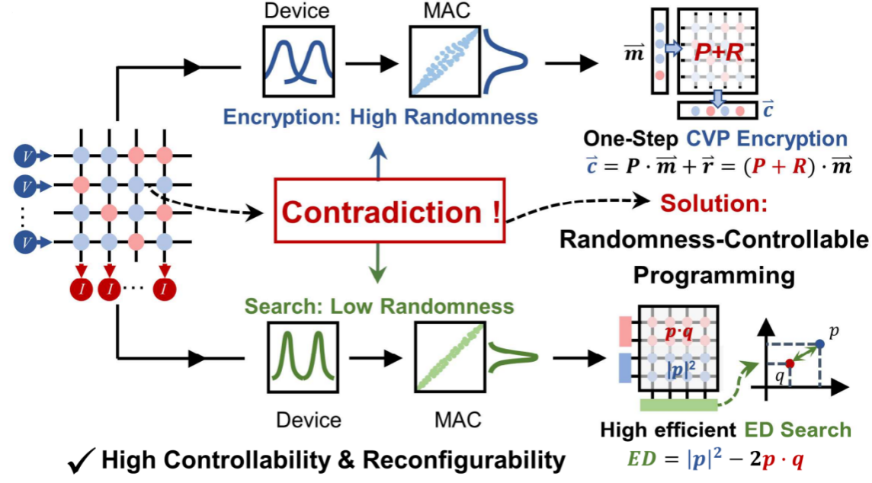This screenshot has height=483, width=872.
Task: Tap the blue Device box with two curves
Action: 296,61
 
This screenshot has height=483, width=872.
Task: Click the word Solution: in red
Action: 713,204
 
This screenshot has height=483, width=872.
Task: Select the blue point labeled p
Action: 819,344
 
